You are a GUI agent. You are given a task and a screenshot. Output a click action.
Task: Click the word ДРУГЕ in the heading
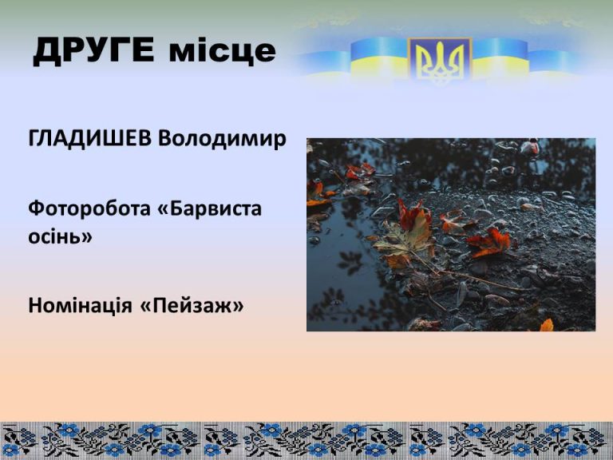point(94,51)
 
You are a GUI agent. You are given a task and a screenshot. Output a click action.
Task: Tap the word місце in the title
point(223,51)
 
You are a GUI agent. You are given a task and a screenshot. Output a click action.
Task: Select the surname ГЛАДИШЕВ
point(89,139)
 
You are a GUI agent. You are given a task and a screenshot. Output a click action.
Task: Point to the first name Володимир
point(222,139)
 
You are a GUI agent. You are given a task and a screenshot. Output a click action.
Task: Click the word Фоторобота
point(89,208)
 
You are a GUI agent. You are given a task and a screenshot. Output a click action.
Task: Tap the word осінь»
point(60,236)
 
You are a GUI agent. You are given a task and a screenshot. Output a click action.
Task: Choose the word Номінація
point(80,305)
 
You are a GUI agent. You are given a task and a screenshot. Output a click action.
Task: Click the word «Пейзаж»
point(192,306)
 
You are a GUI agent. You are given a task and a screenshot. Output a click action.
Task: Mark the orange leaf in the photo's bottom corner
point(547,325)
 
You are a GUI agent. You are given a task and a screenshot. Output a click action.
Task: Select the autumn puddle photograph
point(451,235)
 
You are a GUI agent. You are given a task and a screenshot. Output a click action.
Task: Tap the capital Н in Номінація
point(35,305)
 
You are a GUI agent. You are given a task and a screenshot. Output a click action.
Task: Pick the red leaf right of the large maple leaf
point(488,242)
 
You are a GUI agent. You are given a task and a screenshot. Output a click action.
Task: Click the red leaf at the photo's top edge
point(531,146)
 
